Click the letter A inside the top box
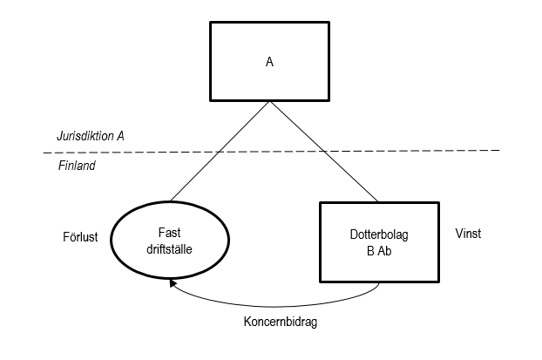pos(270,64)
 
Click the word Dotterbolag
pos(378,234)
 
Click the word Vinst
pos(467,234)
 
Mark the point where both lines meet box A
pos(271,101)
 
